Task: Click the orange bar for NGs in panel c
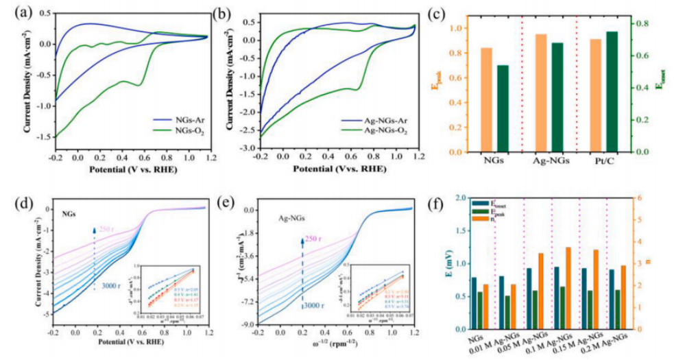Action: coord(486,99)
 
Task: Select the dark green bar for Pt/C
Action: coord(612,91)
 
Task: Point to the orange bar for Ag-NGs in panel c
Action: coord(541,93)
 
